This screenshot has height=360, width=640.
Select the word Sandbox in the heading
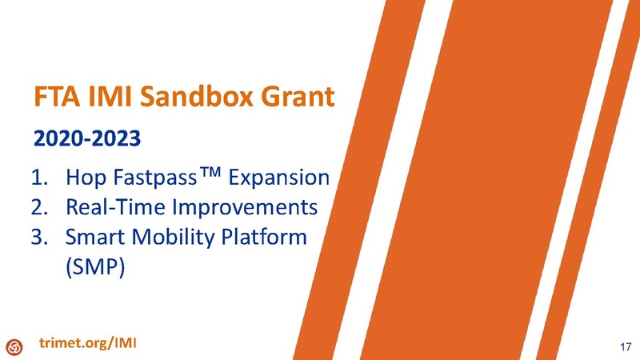point(194,98)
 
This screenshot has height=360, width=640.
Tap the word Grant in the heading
point(294,98)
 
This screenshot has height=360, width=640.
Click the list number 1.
point(39,177)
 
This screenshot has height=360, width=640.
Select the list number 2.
point(39,207)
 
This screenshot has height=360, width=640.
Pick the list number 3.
point(39,238)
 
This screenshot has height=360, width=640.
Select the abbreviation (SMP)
point(92,268)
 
